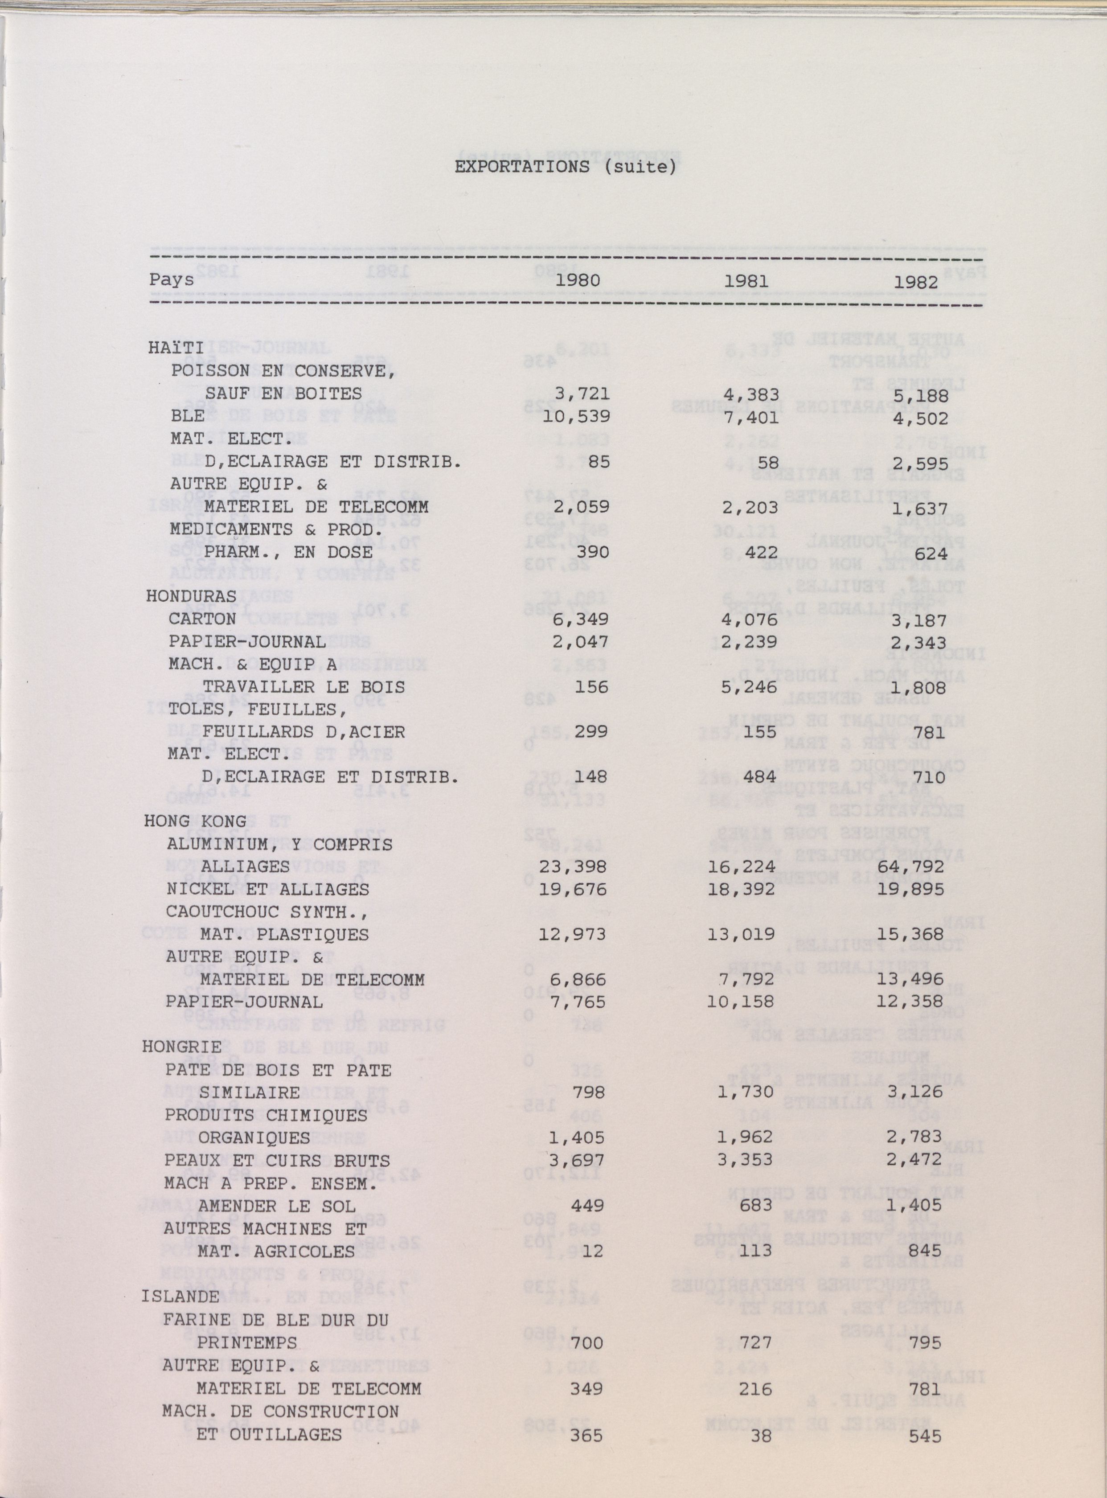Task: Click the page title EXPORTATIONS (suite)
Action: click(565, 167)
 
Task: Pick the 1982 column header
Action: click(915, 282)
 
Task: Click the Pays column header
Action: click(172, 279)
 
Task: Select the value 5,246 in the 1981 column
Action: click(750, 687)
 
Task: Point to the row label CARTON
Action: click(202, 619)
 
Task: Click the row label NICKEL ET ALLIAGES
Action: click(267, 890)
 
